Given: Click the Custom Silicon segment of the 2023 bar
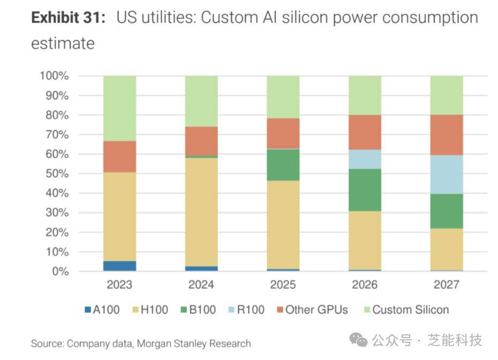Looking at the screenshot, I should click(119, 108).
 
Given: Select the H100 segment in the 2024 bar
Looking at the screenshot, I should click(201, 212).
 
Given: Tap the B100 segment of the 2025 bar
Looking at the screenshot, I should click(283, 165).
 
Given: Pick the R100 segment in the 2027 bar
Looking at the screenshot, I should click(447, 175).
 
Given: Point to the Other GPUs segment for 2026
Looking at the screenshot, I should click(365, 132).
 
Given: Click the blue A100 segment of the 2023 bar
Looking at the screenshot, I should click(119, 266).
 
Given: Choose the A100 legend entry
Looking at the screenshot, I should click(102, 310).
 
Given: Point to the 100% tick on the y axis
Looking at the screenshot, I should click(54, 76).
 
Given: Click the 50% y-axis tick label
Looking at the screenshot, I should click(56, 174).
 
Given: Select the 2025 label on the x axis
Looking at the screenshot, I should click(283, 284).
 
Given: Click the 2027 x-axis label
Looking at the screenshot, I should click(447, 284).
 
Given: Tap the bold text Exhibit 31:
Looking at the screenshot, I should click(67, 18).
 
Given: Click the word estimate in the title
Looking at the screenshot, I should click(63, 43).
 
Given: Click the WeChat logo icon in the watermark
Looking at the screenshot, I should click(358, 340).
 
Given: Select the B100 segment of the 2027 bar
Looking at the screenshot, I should click(447, 211).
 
